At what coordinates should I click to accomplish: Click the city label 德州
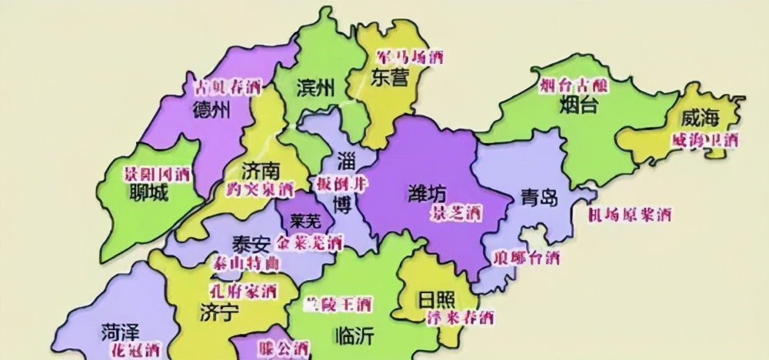(211, 109)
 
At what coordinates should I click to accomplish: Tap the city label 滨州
(316, 88)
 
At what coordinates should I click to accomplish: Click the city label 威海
(701, 118)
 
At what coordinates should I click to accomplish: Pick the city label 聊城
(148, 193)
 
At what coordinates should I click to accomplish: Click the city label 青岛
(538, 196)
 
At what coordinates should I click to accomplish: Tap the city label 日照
(436, 298)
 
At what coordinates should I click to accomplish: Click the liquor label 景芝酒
(456, 210)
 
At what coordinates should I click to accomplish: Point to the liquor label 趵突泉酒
(260, 188)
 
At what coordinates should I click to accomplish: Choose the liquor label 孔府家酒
(243, 290)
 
